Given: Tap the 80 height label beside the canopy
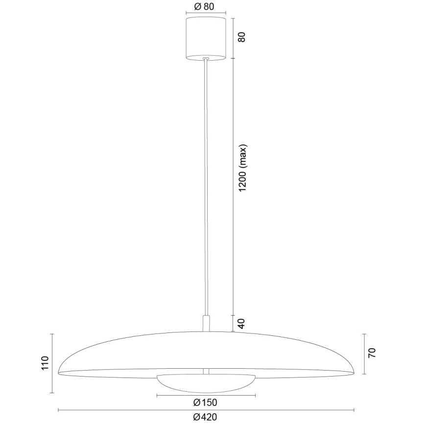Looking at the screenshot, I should pyautogui.click(x=241, y=37).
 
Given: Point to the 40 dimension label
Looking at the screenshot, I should pyautogui.click(x=241, y=323).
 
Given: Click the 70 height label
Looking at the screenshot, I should pyautogui.click(x=372, y=353).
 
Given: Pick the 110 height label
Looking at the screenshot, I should pyautogui.click(x=45, y=363).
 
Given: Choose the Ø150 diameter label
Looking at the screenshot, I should pyautogui.click(x=205, y=402).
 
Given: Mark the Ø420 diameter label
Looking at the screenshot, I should pyautogui.click(x=205, y=417).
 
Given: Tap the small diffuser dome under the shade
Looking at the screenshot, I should pyautogui.click(x=206, y=382).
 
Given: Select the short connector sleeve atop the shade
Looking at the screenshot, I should pyautogui.click(x=206, y=323).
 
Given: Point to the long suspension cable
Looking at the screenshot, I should pyautogui.click(x=206, y=186).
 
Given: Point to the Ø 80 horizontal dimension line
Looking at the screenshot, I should pyautogui.click(x=206, y=14).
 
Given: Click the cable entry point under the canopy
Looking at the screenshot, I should pyautogui.click(x=206, y=59).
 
